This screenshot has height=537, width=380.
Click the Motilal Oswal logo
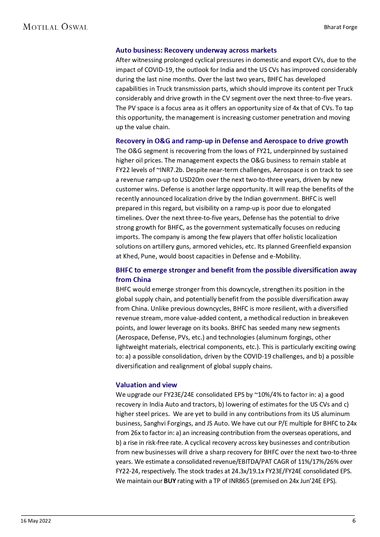(x=55, y=27)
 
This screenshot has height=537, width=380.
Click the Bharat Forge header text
(x=340, y=27)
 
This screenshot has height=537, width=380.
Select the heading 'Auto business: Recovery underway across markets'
(x=196, y=50)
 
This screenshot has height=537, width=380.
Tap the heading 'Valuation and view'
(x=146, y=385)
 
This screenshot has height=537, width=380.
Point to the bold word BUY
(x=170, y=481)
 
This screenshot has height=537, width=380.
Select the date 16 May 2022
(x=36, y=521)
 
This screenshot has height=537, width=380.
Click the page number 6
(x=354, y=520)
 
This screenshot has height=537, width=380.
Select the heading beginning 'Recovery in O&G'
(x=232, y=141)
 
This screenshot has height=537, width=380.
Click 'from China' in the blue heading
(x=133, y=280)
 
